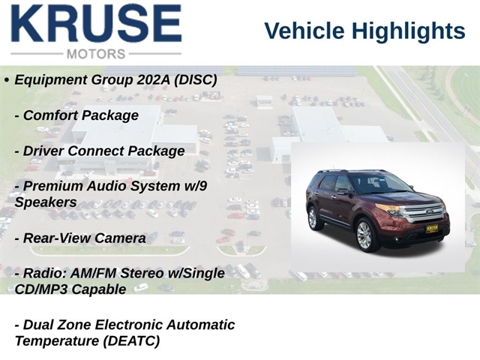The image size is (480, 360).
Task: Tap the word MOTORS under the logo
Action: point(96,54)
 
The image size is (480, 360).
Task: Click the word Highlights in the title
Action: point(408,31)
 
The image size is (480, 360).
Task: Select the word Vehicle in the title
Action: point(304,31)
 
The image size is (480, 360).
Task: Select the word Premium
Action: point(53,186)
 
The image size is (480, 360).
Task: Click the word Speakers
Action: point(46,203)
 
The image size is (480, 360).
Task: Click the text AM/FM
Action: point(93,273)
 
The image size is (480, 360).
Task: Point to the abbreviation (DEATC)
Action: point(131,341)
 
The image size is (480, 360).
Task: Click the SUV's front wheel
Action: point(364,235)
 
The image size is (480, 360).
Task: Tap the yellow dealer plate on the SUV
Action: point(432,229)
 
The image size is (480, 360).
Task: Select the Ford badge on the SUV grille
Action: point(428,211)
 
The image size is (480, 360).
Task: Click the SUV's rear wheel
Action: point(313,218)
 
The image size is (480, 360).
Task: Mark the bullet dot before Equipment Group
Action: point(7,80)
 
